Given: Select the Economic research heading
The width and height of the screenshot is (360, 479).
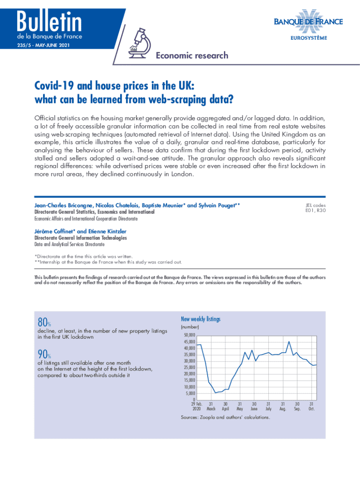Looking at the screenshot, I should (x=192, y=56).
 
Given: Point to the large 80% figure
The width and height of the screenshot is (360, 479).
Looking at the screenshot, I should (x=44, y=323).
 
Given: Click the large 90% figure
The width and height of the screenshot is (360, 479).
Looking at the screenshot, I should (x=44, y=356).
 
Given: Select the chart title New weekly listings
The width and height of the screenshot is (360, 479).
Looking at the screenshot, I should (x=200, y=319).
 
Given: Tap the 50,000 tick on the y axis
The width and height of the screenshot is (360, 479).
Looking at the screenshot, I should (x=188, y=336).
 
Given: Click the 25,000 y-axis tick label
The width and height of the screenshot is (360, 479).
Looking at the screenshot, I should (x=188, y=368).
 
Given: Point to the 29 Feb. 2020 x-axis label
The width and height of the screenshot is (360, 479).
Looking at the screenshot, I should (x=197, y=406).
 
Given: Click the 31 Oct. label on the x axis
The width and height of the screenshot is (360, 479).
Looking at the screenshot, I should (x=311, y=406).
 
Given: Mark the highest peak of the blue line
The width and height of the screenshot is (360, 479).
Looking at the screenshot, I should (x=289, y=341).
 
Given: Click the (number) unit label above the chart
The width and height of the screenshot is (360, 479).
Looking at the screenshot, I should (x=189, y=327).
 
